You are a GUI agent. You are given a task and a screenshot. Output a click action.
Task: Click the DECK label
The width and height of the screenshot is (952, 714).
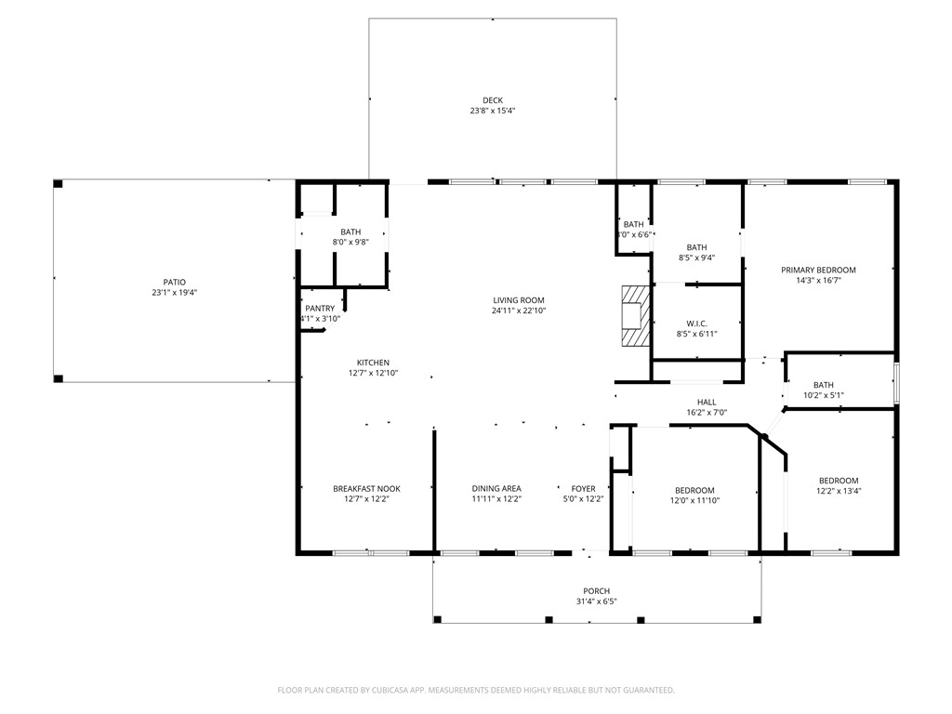click(x=492, y=100)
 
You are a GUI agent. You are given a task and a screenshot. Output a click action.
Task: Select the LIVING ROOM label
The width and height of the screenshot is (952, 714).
click(x=518, y=300)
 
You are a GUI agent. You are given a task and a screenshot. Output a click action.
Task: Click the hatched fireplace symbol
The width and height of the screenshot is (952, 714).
click(x=635, y=316)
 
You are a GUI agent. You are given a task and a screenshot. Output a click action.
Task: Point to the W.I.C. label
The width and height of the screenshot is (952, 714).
click(x=696, y=324)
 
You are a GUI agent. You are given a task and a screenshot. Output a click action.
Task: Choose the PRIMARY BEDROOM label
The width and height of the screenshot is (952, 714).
click(x=818, y=270)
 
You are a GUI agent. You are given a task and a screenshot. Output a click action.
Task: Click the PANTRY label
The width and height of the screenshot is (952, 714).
click(x=319, y=309)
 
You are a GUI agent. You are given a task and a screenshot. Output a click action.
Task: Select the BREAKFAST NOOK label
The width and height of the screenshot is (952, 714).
click(x=366, y=489)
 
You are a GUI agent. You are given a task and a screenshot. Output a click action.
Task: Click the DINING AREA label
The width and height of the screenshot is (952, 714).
click(x=496, y=489)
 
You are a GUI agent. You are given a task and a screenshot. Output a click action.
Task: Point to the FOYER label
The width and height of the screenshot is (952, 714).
click(x=583, y=489)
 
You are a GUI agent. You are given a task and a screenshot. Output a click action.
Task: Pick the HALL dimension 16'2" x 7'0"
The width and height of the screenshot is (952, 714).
click(x=706, y=412)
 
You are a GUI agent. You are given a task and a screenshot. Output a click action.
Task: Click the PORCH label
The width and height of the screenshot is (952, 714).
click(x=596, y=591)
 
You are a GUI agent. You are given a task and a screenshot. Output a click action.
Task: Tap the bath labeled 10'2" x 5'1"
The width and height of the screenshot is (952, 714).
click(x=823, y=385)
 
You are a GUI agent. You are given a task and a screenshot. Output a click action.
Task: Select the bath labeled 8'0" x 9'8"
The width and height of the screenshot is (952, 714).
click(x=350, y=232)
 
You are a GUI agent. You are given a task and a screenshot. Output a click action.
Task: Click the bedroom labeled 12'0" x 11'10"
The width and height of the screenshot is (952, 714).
click(x=694, y=490)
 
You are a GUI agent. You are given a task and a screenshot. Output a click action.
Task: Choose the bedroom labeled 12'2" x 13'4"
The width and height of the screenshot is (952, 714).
click(x=838, y=481)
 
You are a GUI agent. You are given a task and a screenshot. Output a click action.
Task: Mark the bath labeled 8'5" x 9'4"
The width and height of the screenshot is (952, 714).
click(x=696, y=247)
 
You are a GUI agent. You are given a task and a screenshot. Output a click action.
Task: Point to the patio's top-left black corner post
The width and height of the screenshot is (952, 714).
click(x=58, y=184)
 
